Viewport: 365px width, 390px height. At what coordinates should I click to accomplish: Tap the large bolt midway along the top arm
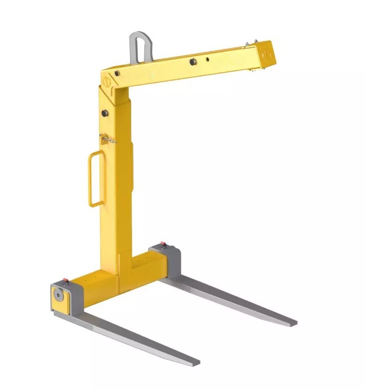(191, 61)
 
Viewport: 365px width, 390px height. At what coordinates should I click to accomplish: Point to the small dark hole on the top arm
(208, 59)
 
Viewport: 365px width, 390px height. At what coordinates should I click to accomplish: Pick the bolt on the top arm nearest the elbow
(117, 73)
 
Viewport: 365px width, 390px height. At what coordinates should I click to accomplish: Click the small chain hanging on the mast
(107, 138)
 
